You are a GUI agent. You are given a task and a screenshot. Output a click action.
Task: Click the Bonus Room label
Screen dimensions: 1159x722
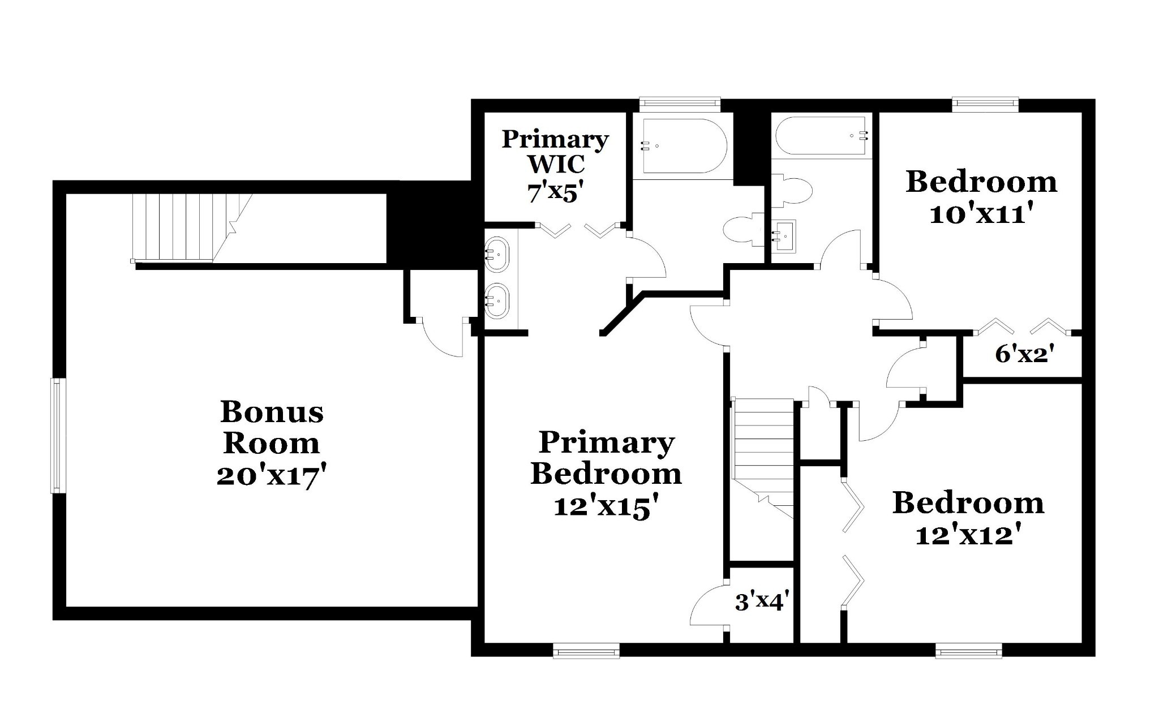point(272,428)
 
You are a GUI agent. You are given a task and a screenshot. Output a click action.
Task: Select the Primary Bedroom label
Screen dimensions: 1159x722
point(606,458)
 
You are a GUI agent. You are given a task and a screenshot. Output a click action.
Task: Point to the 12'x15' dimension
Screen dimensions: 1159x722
point(606,506)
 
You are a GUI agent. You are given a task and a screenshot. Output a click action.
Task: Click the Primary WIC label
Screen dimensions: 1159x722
point(555,151)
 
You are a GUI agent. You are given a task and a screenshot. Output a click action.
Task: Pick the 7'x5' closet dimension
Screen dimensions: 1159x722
point(555,193)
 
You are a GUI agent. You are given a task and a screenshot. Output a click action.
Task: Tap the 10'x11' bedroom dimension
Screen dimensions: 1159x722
point(981,214)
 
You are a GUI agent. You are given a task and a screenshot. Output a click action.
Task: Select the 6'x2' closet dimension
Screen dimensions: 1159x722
point(1024,354)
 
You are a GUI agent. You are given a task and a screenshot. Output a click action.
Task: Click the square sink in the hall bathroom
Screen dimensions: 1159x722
point(784,236)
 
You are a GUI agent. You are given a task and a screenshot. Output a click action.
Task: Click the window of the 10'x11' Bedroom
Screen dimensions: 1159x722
point(985,105)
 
